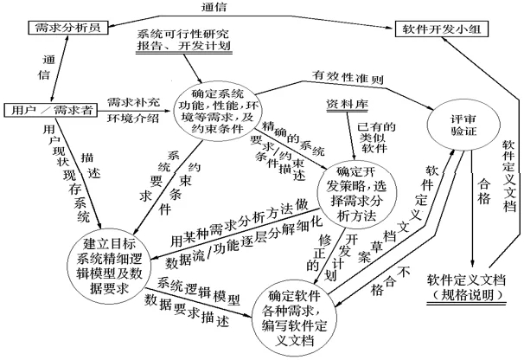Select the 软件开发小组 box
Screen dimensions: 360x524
click(444, 29)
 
